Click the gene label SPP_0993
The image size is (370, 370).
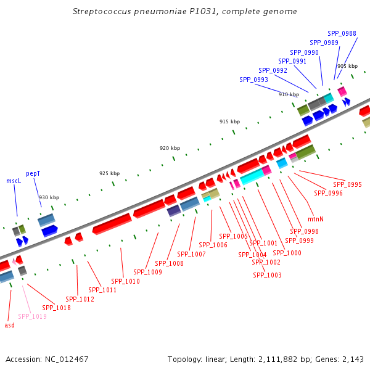[x=253, y=80]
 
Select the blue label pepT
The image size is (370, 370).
[x=33, y=174]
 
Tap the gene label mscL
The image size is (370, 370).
[x=14, y=181]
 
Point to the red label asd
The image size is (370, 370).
[x=9, y=324]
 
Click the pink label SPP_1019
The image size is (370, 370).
[x=32, y=316]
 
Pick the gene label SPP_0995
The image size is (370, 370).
[x=347, y=184]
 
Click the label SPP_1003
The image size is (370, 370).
[x=267, y=275]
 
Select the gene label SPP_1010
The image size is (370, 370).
[x=125, y=281]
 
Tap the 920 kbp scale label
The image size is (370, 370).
[x=170, y=148]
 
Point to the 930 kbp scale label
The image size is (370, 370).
[x=49, y=197]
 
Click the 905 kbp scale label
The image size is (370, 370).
[x=347, y=66]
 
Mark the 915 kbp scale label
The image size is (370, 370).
[x=229, y=121]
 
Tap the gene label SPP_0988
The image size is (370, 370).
[x=342, y=33]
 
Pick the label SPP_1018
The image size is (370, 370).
[x=56, y=308]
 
